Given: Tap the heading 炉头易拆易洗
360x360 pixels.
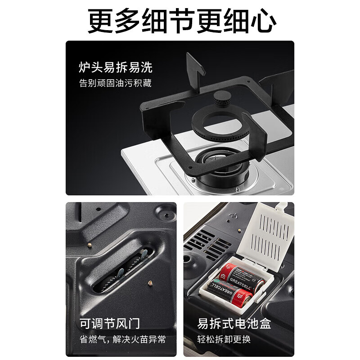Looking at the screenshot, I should point(115,67).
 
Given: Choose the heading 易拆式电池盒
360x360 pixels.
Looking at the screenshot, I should point(234,323).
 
